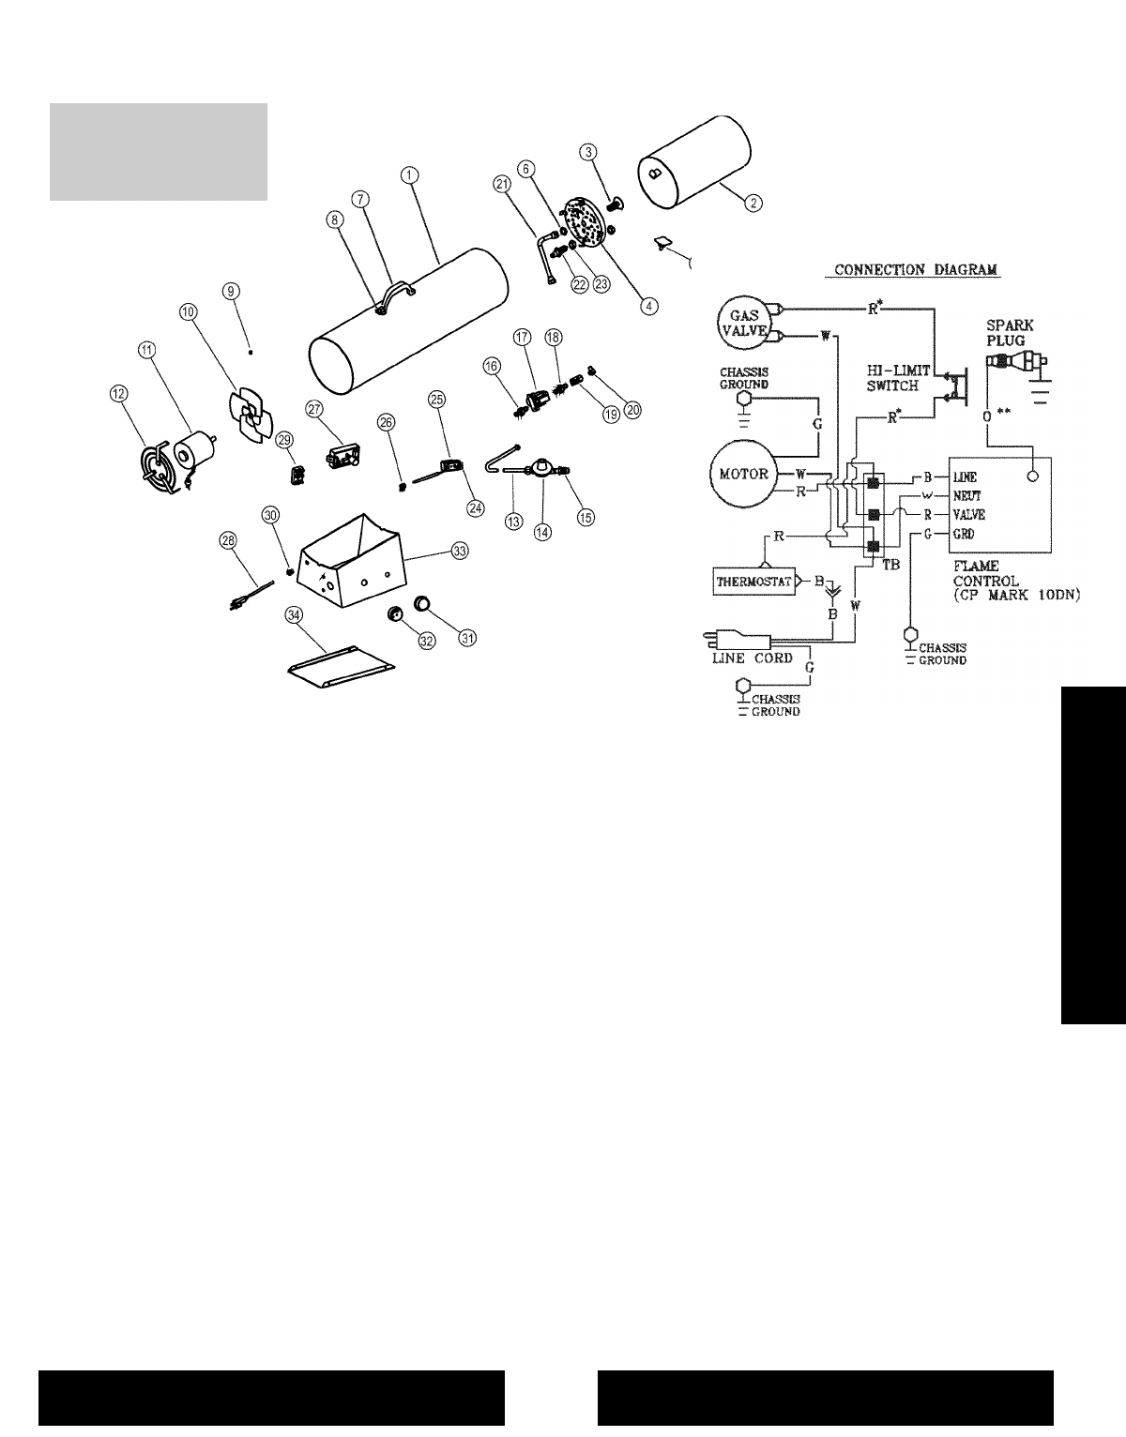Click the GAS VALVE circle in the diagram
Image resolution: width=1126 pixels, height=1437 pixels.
click(744, 320)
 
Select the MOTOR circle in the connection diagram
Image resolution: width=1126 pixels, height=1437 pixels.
click(742, 473)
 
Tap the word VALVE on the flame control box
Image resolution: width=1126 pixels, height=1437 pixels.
click(968, 515)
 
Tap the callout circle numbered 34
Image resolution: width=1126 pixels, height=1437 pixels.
click(296, 614)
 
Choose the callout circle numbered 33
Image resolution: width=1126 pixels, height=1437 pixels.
click(459, 552)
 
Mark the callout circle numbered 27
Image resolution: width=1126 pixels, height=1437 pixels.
click(314, 408)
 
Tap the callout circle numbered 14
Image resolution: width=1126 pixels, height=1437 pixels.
click(542, 530)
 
